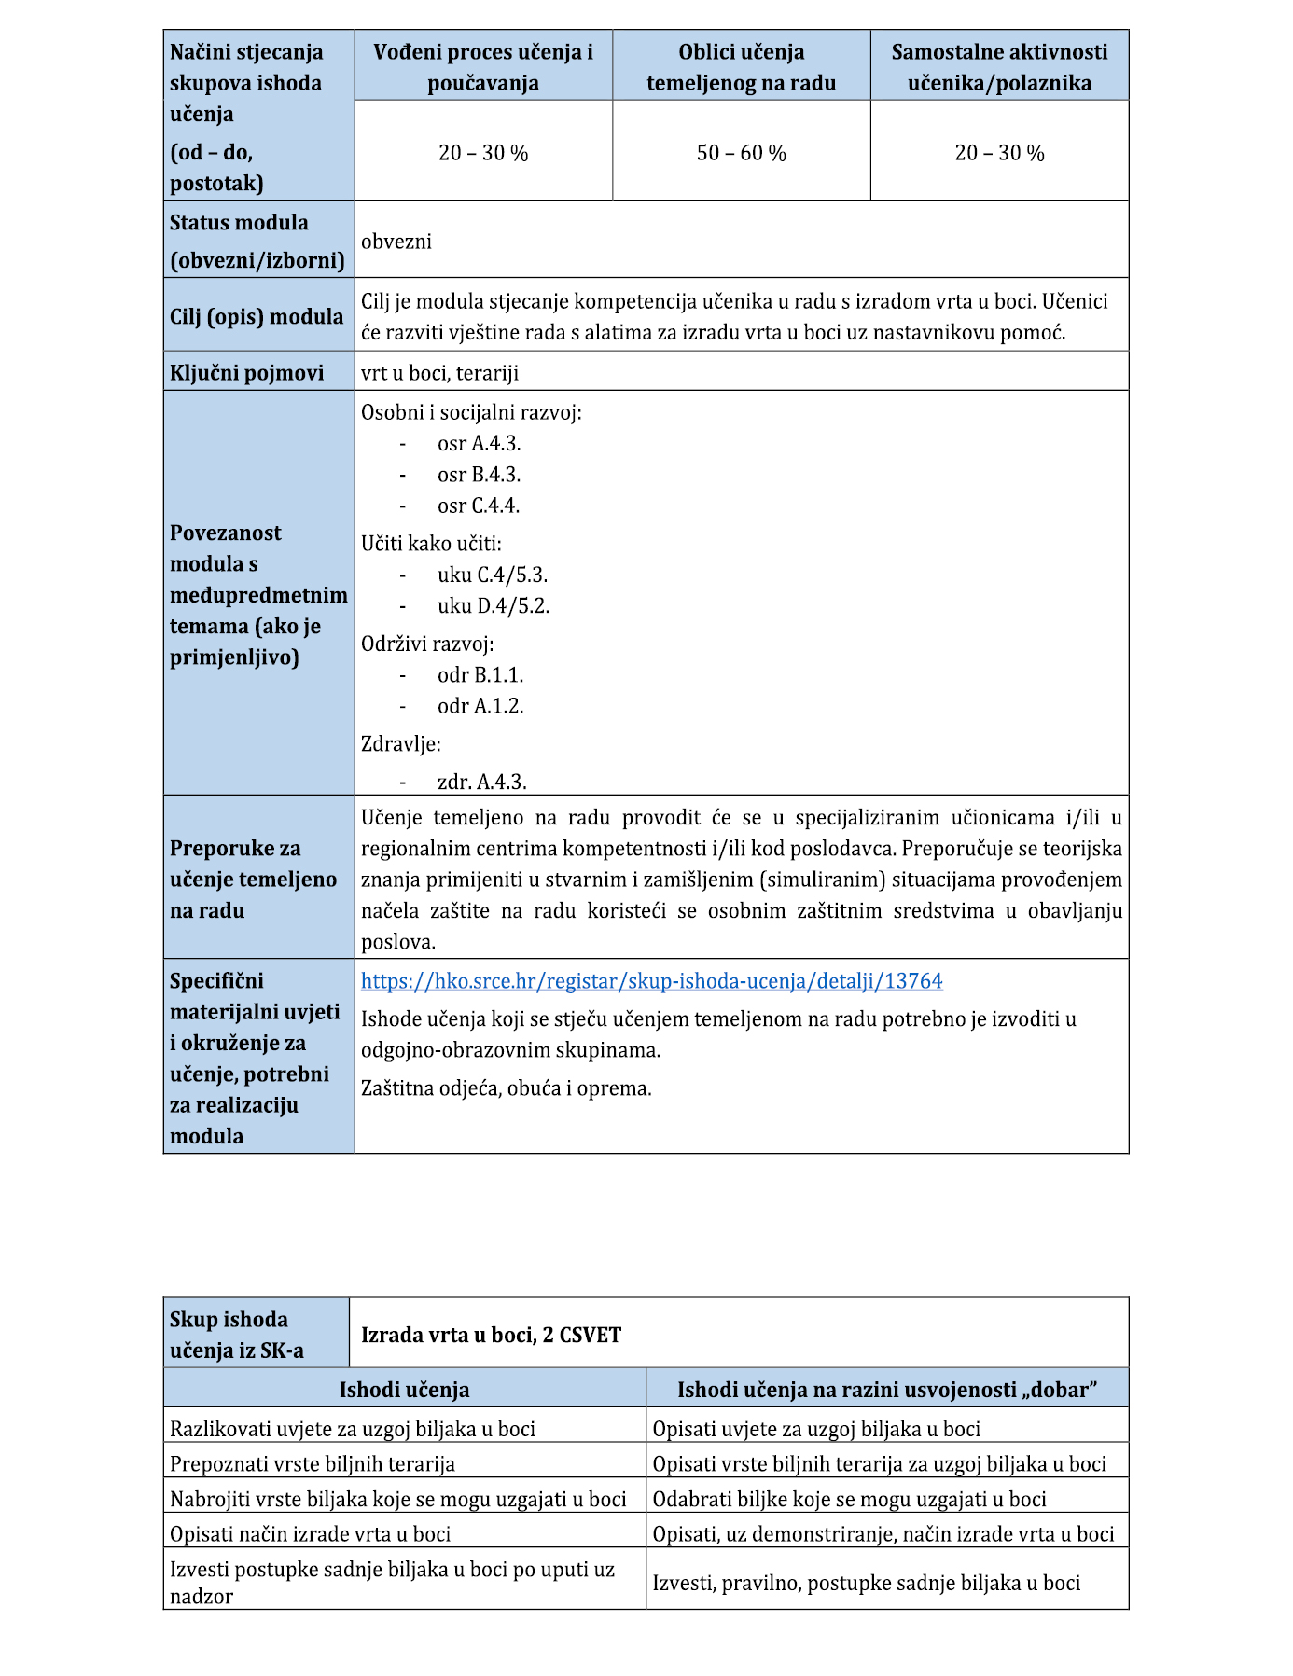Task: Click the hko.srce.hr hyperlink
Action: [651, 981]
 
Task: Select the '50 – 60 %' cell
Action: [741, 153]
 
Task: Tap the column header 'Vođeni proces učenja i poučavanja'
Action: [483, 67]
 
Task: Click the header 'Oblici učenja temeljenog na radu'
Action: [741, 67]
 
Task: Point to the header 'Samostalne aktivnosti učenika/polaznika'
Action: [999, 67]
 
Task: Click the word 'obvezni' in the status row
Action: [396, 242]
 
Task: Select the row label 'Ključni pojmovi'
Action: [247, 373]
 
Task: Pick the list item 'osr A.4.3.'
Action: [479, 444]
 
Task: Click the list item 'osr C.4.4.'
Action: [479, 506]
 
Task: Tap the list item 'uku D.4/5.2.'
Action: [494, 606]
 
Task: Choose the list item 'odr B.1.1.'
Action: [480, 675]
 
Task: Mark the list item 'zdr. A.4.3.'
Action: [481, 782]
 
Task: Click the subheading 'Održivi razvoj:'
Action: [427, 644]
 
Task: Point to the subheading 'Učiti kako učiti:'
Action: [431, 544]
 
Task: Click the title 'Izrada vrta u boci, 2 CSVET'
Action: [491, 1335]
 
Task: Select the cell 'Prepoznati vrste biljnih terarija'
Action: [313, 1464]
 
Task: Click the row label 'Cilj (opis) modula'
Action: [257, 317]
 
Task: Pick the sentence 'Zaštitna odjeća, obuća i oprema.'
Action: [507, 1088]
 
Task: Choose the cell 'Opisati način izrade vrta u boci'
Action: [310, 1534]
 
